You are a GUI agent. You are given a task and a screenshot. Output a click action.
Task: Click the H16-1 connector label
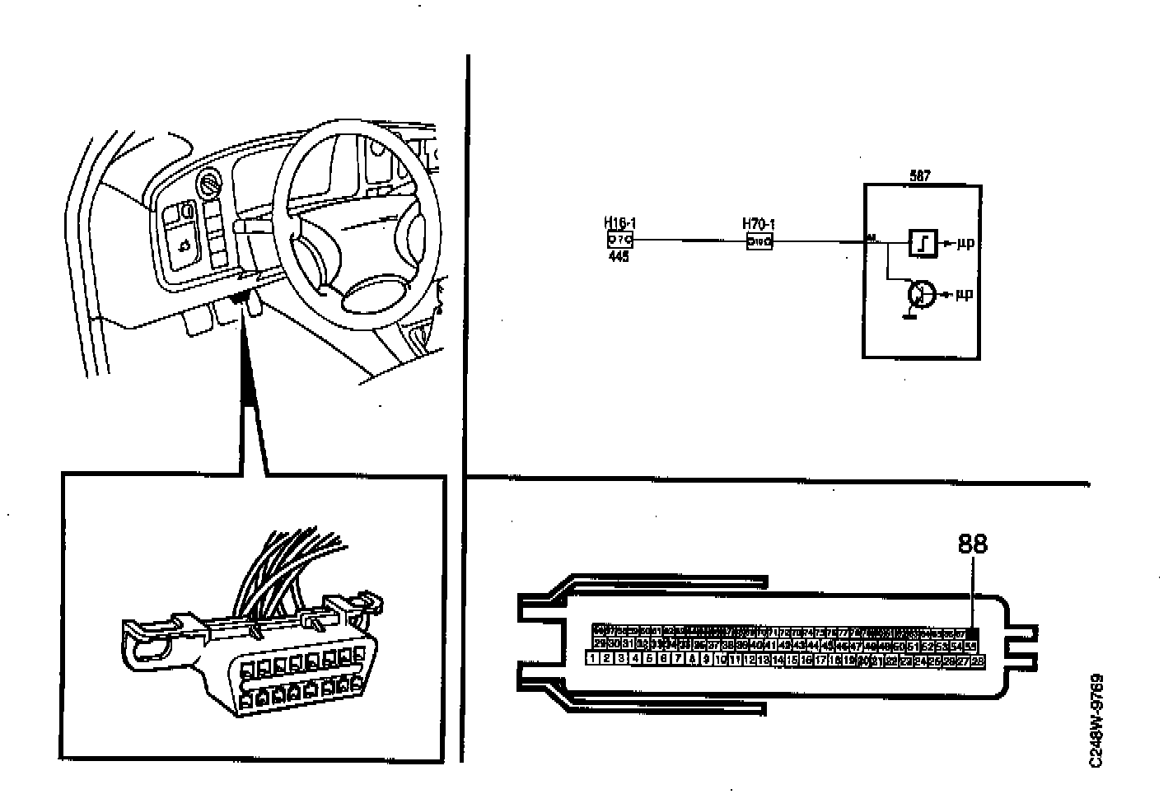pyautogui.click(x=620, y=223)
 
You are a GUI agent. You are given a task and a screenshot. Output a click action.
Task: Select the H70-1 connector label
pyautogui.click(x=759, y=223)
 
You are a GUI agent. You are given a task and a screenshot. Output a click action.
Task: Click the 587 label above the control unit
pyautogui.click(x=920, y=176)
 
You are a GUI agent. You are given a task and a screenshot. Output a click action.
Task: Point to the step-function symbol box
pyautogui.click(x=922, y=243)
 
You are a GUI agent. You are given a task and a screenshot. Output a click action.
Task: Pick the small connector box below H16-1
pyautogui.click(x=619, y=240)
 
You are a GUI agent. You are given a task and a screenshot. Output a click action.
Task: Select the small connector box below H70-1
pyautogui.click(x=759, y=242)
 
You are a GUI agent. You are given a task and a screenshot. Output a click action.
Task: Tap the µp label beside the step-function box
pyautogui.click(x=965, y=244)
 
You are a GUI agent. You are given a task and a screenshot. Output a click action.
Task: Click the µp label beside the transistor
pyautogui.click(x=964, y=294)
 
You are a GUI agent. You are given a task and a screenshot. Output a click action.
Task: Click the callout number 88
pyautogui.click(x=973, y=544)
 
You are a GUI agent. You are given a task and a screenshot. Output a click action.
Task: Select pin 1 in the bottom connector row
pyautogui.click(x=591, y=659)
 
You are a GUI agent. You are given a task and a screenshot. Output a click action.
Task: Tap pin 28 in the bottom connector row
pyautogui.click(x=978, y=660)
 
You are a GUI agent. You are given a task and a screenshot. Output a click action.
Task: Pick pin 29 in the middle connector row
pyautogui.click(x=600, y=645)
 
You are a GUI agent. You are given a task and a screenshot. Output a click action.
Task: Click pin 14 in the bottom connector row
pyautogui.click(x=778, y=660)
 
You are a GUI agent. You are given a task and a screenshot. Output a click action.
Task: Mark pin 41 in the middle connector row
pyautogui.click(x=769, y=646)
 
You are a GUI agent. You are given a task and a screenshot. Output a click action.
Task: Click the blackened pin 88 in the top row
pyautogui.click(x=971, y=633)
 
